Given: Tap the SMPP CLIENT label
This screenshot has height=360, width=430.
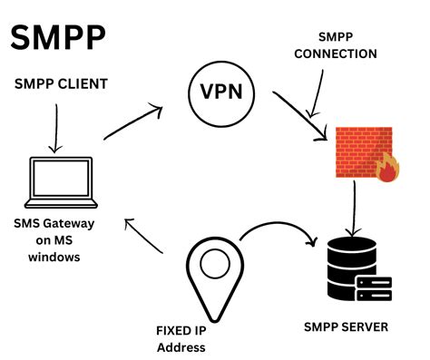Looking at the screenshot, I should coord(61,84).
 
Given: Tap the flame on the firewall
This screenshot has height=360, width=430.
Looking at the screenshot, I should coord(387,170).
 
